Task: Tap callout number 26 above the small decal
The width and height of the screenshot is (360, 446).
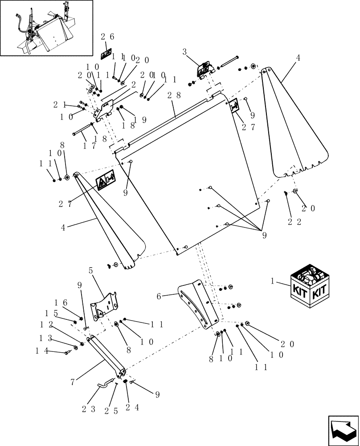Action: [107, 37]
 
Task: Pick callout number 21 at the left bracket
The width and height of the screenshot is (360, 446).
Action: [60, 104]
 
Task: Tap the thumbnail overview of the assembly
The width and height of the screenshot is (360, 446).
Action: [47, 28]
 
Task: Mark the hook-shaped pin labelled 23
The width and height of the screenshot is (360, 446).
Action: [105, 383]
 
